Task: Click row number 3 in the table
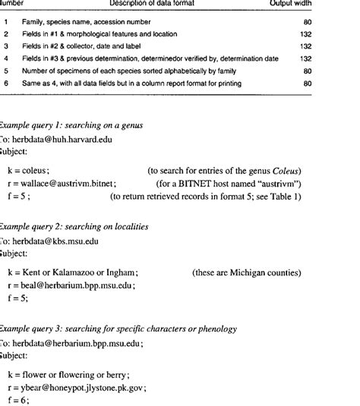click(x=5, y=47)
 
